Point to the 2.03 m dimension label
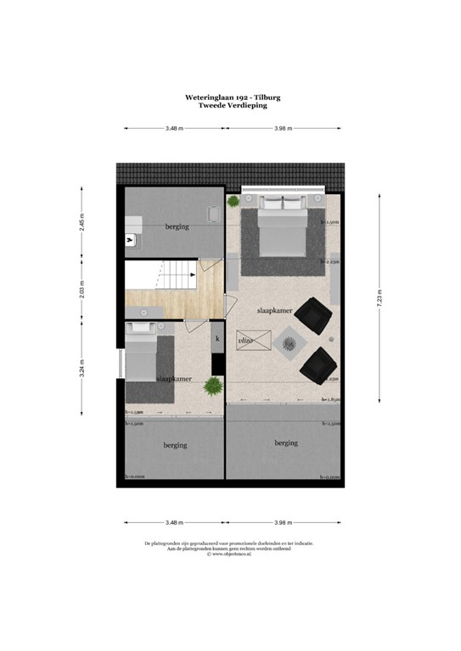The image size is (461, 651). (x=82, y=289)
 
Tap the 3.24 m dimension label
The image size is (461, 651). (x=82, y=370)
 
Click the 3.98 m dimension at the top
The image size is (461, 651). (x=283, y=128)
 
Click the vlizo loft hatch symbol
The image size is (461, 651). (x=259, y=341)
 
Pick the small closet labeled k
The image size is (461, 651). (x=217, y=339)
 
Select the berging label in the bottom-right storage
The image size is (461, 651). (x=286, y=442)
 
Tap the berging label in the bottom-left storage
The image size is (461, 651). (x=175, y=445)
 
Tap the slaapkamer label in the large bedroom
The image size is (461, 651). (x=275, y=311)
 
